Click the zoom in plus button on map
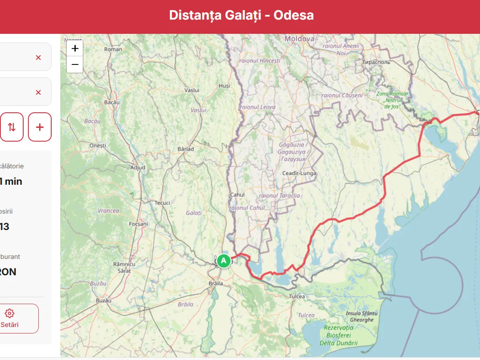(75, 49)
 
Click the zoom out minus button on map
(75, 64)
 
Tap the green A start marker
(224, 261)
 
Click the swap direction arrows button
(12, 127)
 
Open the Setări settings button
(10, 318)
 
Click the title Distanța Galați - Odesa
(241, 15)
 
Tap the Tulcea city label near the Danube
(297, 296)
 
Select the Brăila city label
(216, 283)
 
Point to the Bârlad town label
(186, 149)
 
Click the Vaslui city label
(192, 90)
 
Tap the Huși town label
(224, 86)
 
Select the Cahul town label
(237, 195)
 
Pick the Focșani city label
(138, 224)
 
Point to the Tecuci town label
(162, 203)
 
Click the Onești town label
(98, 146)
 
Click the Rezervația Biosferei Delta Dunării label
(338, 335)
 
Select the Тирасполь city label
(376, 62)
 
